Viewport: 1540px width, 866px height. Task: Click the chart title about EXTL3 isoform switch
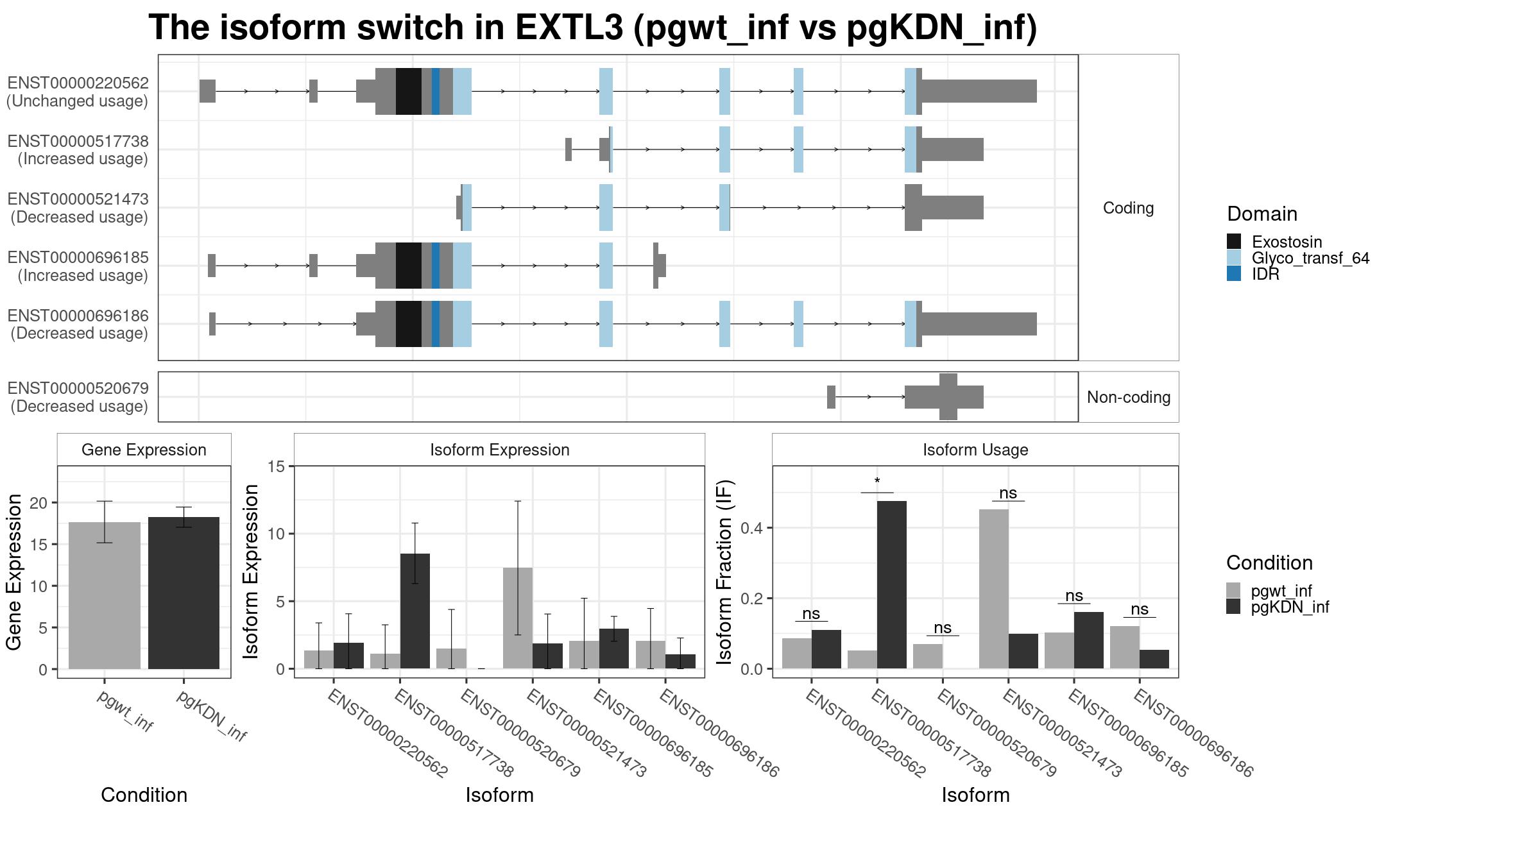pos(592,28)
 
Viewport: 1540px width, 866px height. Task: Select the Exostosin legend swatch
pos(1233,241)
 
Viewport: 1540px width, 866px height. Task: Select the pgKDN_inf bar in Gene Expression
pos(184,593)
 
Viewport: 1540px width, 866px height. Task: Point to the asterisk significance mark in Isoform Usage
pos(877,482)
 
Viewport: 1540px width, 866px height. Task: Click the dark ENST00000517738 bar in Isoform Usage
pos(891,584)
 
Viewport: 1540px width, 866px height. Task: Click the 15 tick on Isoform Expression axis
pos(277,466)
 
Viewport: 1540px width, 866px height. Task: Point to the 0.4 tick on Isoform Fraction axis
pos(752,528)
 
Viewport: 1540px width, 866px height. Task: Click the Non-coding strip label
pos(1128,397)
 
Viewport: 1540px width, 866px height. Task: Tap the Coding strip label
pos(1128,208)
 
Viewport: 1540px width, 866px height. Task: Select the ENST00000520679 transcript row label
pos(78,397)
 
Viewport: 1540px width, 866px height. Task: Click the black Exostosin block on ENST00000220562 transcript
pos(408,91)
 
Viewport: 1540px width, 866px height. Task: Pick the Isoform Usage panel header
pos(975,450)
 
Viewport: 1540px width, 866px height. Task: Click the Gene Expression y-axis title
pos(14,572)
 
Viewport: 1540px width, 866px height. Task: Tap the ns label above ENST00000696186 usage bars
pos(1139,609)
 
